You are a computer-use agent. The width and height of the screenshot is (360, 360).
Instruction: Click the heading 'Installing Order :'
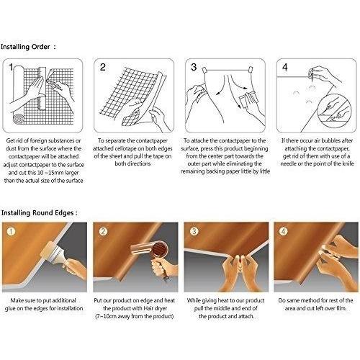pyautogui.click(x=28, y=47)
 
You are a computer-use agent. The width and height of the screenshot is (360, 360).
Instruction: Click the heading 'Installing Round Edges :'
pyautogui.click(x=40, y=213)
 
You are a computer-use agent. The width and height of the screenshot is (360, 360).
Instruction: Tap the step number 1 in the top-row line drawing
pyautogui.click(x=11, y=67)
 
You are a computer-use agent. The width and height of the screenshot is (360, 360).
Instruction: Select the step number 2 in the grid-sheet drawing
pyautogui.click(x=103, y=67)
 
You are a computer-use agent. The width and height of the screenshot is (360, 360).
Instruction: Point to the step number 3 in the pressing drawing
pyautogui.click(x=194, y=67)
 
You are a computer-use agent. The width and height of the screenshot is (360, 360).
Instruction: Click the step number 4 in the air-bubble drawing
pyautogui.click(x=285, y=67)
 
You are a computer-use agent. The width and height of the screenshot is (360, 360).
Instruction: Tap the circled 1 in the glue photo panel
pyautogui.click(x=11, y=232)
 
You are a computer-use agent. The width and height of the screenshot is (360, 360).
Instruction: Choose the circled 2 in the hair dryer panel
pyautogui.click(x=103, y=232)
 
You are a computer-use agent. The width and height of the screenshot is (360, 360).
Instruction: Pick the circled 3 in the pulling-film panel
pyautogui.click(x=194, y=232)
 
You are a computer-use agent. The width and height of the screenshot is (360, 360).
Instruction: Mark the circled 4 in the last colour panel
pyautogui.click(x=283, y=232)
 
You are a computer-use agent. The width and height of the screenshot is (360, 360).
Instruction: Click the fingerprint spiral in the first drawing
pyautogui.click(x=19, y=119)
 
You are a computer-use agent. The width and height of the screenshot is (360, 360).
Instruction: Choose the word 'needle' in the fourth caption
pyautogui.click(x=288, y=164)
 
